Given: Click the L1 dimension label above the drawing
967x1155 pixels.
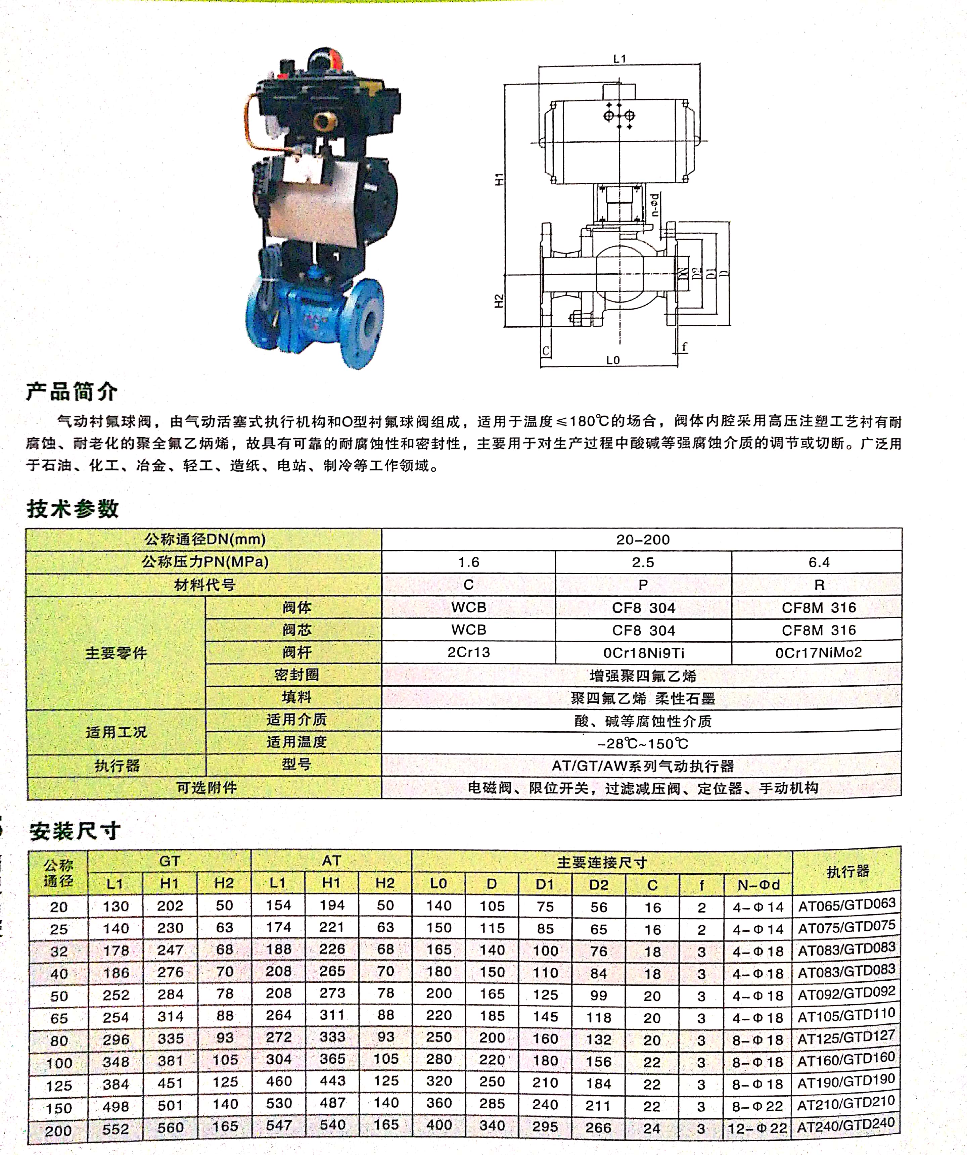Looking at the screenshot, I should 619,58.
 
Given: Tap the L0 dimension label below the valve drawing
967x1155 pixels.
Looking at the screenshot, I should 613,360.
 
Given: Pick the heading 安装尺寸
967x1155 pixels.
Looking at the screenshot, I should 75,831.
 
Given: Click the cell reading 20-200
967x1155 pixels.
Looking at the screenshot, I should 642,540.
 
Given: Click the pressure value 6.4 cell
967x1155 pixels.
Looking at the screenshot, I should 819,562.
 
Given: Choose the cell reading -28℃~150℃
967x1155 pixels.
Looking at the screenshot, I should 642,744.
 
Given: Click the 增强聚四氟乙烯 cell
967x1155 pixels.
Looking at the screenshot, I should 642,676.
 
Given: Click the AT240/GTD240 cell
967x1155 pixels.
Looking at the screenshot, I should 846,1126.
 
